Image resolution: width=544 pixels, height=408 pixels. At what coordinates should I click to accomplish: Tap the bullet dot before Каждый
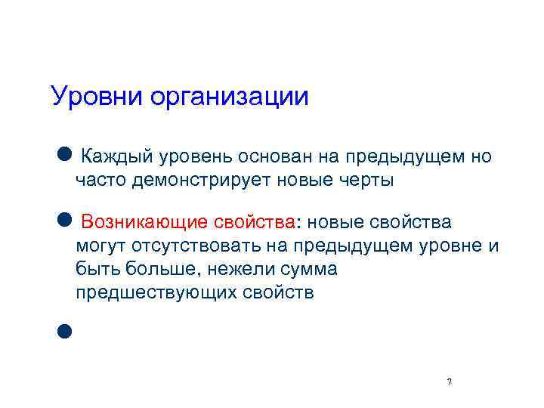(63, 154)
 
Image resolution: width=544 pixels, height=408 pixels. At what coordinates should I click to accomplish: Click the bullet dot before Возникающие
(63, 220)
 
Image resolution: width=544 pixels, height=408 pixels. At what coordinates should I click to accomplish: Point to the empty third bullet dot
(63, 329)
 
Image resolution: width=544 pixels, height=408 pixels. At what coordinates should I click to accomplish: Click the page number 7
(450, 382)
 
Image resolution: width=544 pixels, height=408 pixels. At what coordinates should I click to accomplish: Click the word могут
(100, 246)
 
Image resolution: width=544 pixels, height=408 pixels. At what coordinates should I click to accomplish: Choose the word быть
(93, 270)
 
